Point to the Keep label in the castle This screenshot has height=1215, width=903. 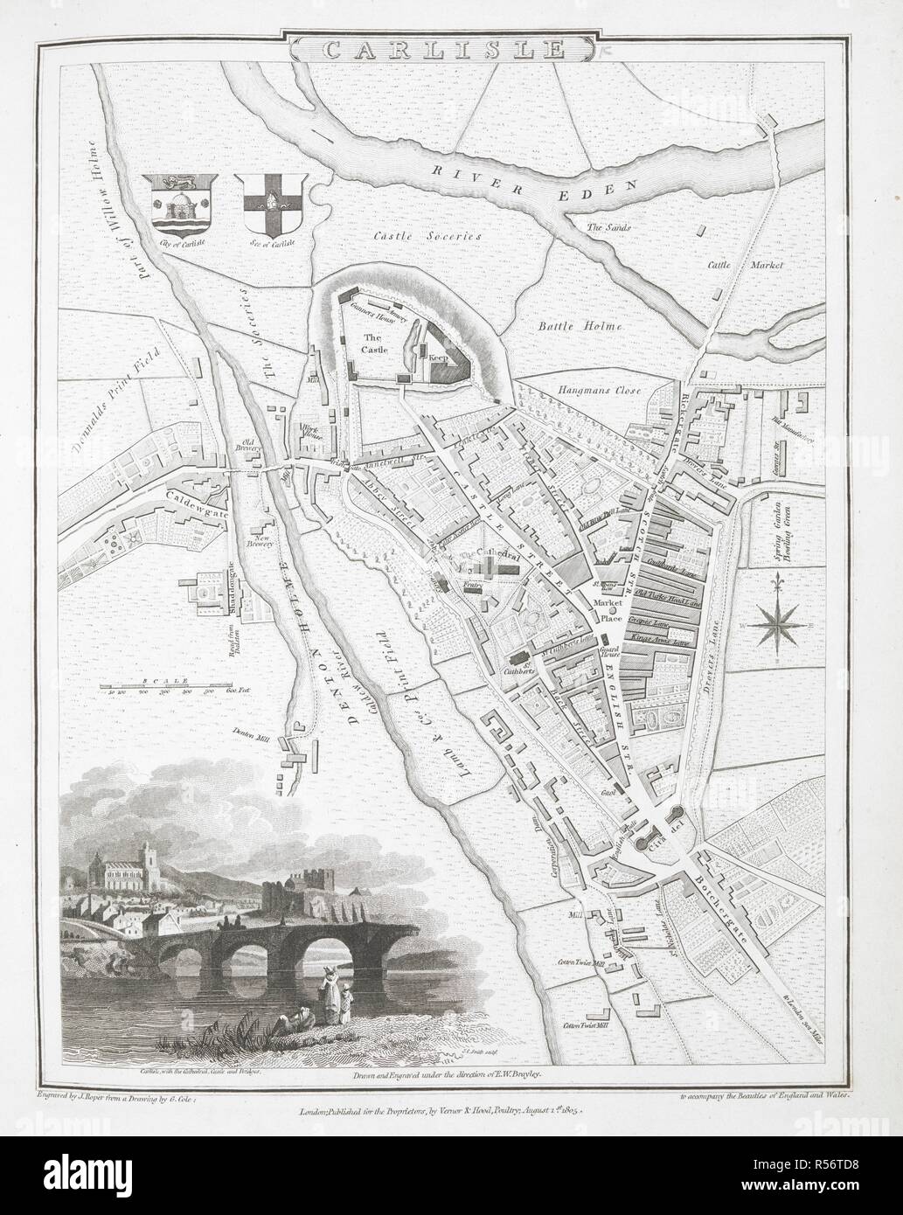tap(437, 357)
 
